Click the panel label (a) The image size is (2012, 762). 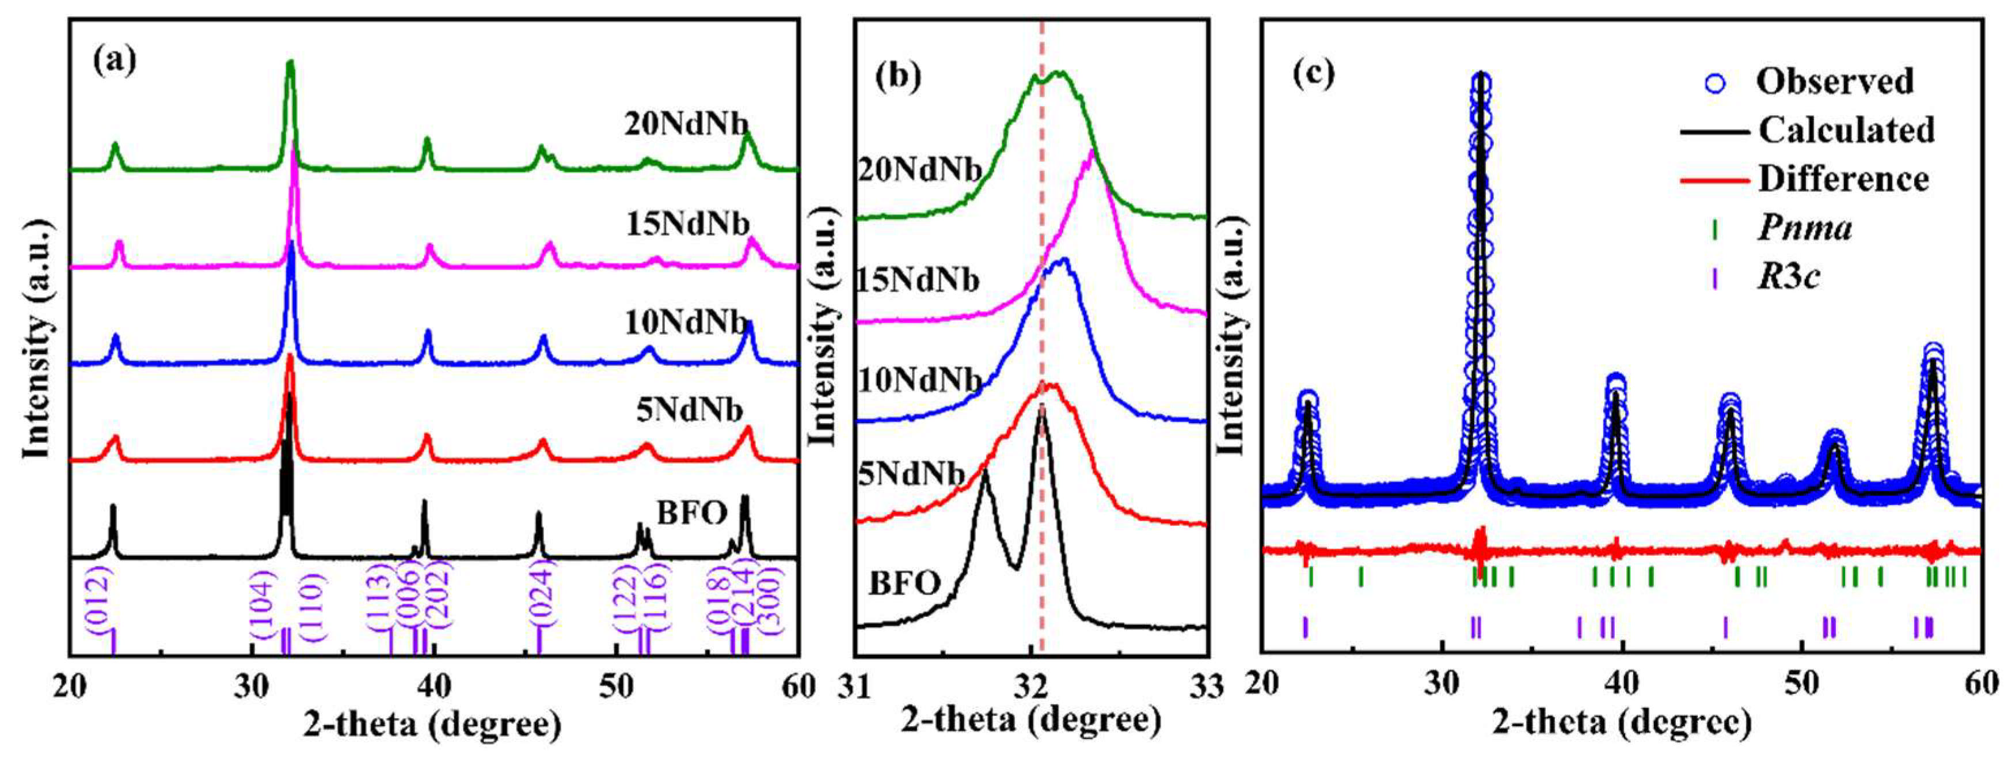tap(114, 60)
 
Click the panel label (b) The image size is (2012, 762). tap(898, 76)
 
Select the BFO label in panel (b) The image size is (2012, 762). tap(904, 582)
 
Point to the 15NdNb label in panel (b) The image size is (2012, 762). tap(918, 280)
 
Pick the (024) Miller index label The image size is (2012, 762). tap(541, 593)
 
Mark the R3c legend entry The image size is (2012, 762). tap(1789, 276)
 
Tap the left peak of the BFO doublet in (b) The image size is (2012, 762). tap(985, 471)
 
